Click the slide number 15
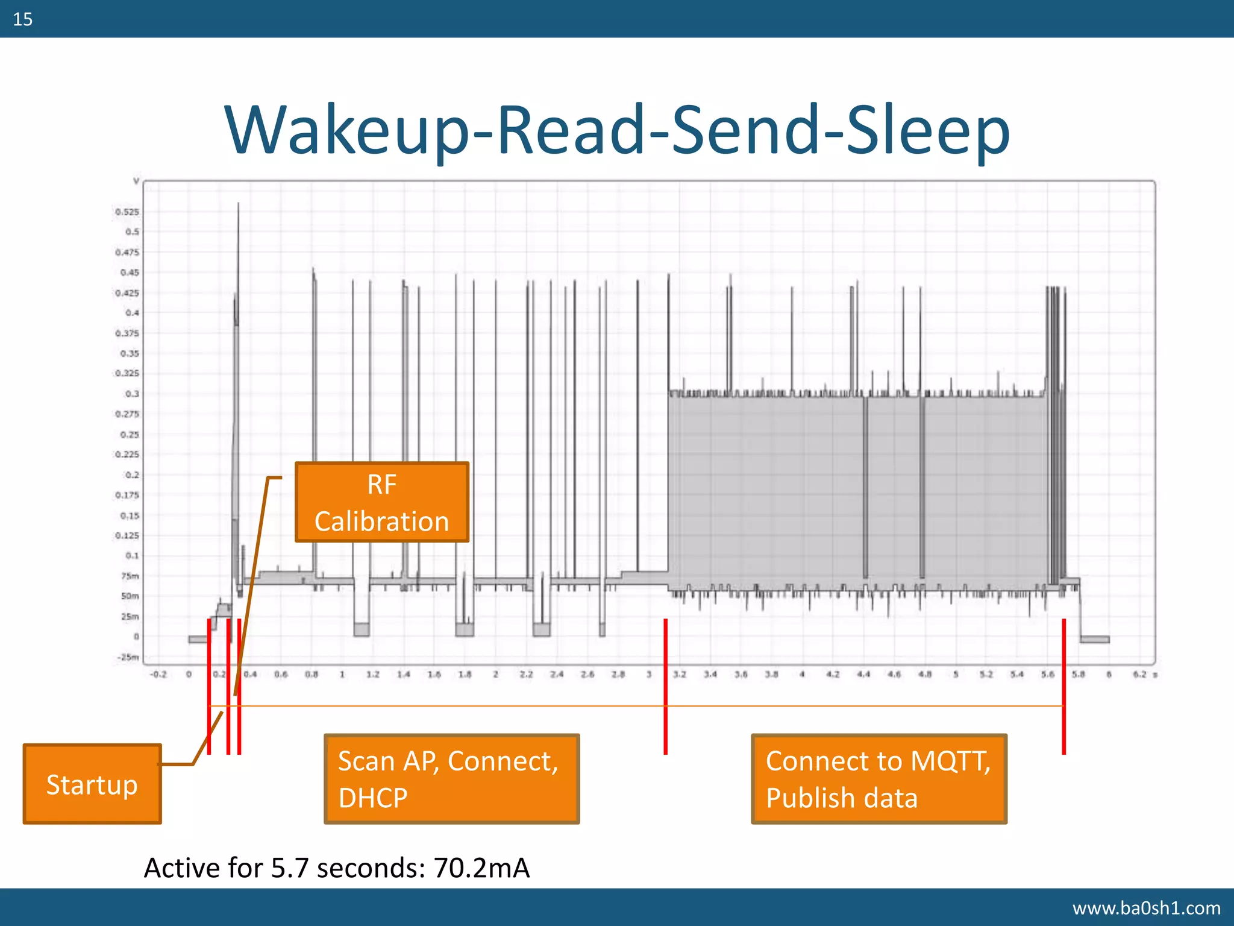pos(22,19)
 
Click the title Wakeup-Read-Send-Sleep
pos(617,130)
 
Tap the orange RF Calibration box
pos(381,502)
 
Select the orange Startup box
pos(92,784)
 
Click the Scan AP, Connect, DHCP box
pos(451,779)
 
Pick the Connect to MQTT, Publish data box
pos(879,779)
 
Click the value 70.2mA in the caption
pos(481,868)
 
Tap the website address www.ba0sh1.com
pos(1146,907)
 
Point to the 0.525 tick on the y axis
pos(127,212)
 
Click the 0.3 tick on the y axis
pos(132,394)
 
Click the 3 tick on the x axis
pos(649,675)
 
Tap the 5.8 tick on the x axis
pos(1078,675)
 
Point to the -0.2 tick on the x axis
pos(158,675)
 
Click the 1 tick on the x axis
pos(342,675)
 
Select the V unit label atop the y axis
pos(136,181)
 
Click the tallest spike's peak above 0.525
pos(238,204)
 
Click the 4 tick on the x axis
pos(802,675)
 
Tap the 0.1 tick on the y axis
pos(132,556)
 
